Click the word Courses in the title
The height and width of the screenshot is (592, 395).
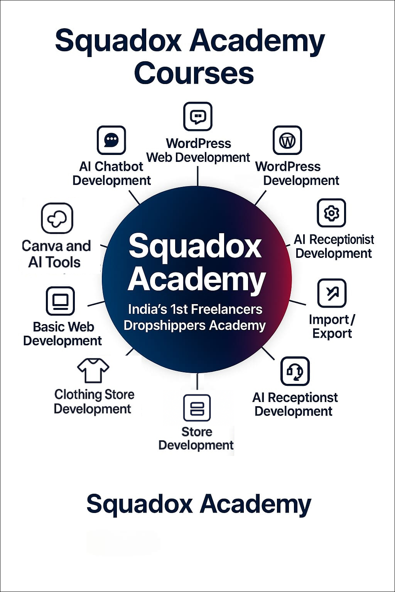(194, 73)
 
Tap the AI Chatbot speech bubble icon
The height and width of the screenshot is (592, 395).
(111, 140)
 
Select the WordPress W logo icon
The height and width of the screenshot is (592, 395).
(287, 140)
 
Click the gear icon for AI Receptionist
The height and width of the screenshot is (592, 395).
(331, 213)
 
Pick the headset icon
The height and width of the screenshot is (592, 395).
(295, 371)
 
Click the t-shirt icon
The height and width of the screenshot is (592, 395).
(93, 370)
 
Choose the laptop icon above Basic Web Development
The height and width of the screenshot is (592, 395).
(60, 301)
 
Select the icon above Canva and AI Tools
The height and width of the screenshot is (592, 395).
(57, 218)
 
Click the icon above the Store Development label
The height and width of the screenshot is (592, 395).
(197, 408)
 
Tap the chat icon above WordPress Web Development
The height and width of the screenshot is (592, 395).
(197, 116)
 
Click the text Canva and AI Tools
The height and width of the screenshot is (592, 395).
(56, 254)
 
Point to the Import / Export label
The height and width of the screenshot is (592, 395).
(332, 326)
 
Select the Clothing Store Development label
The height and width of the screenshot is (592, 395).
(94, 402)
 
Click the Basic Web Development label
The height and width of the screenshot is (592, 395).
(62, 334)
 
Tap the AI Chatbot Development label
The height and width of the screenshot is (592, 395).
(111, 173)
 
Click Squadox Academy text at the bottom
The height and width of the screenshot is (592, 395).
(198, 504)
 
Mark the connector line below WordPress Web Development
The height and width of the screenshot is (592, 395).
(197, 176)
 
